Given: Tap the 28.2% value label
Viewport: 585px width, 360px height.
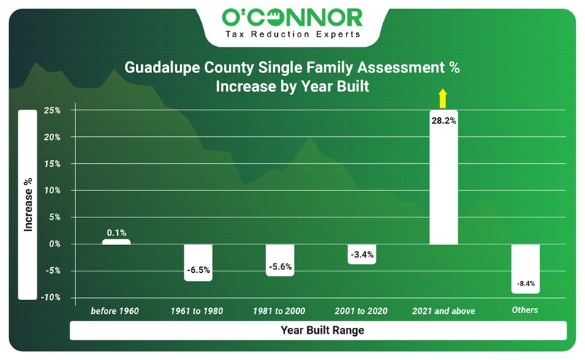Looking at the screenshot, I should (x=443, y=121).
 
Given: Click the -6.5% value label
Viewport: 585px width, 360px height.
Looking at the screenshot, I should (x=198, y=270).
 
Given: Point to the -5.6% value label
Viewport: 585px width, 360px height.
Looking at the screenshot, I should (x=280, y=266).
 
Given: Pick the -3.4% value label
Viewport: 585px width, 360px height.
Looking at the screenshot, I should (x=361, y=255).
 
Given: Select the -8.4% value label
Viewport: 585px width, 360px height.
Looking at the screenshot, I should (x=525, y=282).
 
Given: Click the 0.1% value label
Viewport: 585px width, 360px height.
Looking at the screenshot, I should (x=116, y=233).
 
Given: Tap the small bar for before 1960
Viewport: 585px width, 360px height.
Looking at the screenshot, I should (x=116, y=241).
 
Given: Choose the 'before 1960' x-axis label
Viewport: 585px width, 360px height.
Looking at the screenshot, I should (x=115, y=311).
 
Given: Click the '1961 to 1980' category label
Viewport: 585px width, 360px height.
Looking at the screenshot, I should (x=197, y=311).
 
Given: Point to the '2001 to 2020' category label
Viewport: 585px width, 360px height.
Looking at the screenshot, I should (x=361, y=311).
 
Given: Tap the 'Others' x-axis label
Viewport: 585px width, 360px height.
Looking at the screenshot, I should (x=524, y=310).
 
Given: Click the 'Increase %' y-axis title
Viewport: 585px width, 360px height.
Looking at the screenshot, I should (x=27, y=204).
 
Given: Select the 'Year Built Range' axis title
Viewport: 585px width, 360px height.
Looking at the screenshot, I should (x=322, y=331).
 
